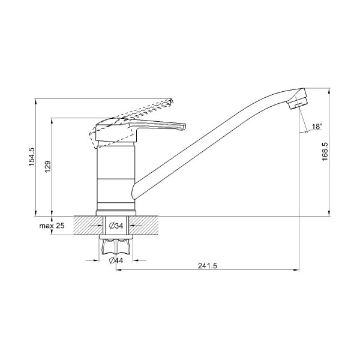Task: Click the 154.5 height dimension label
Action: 31,157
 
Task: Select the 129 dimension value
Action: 47,167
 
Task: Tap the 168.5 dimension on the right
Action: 325,151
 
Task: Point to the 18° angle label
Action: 317,127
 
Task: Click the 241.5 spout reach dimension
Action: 208,266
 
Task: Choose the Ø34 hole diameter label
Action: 116,226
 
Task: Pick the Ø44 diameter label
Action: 116,260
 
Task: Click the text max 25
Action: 52,226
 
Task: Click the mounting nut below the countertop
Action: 116,247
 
